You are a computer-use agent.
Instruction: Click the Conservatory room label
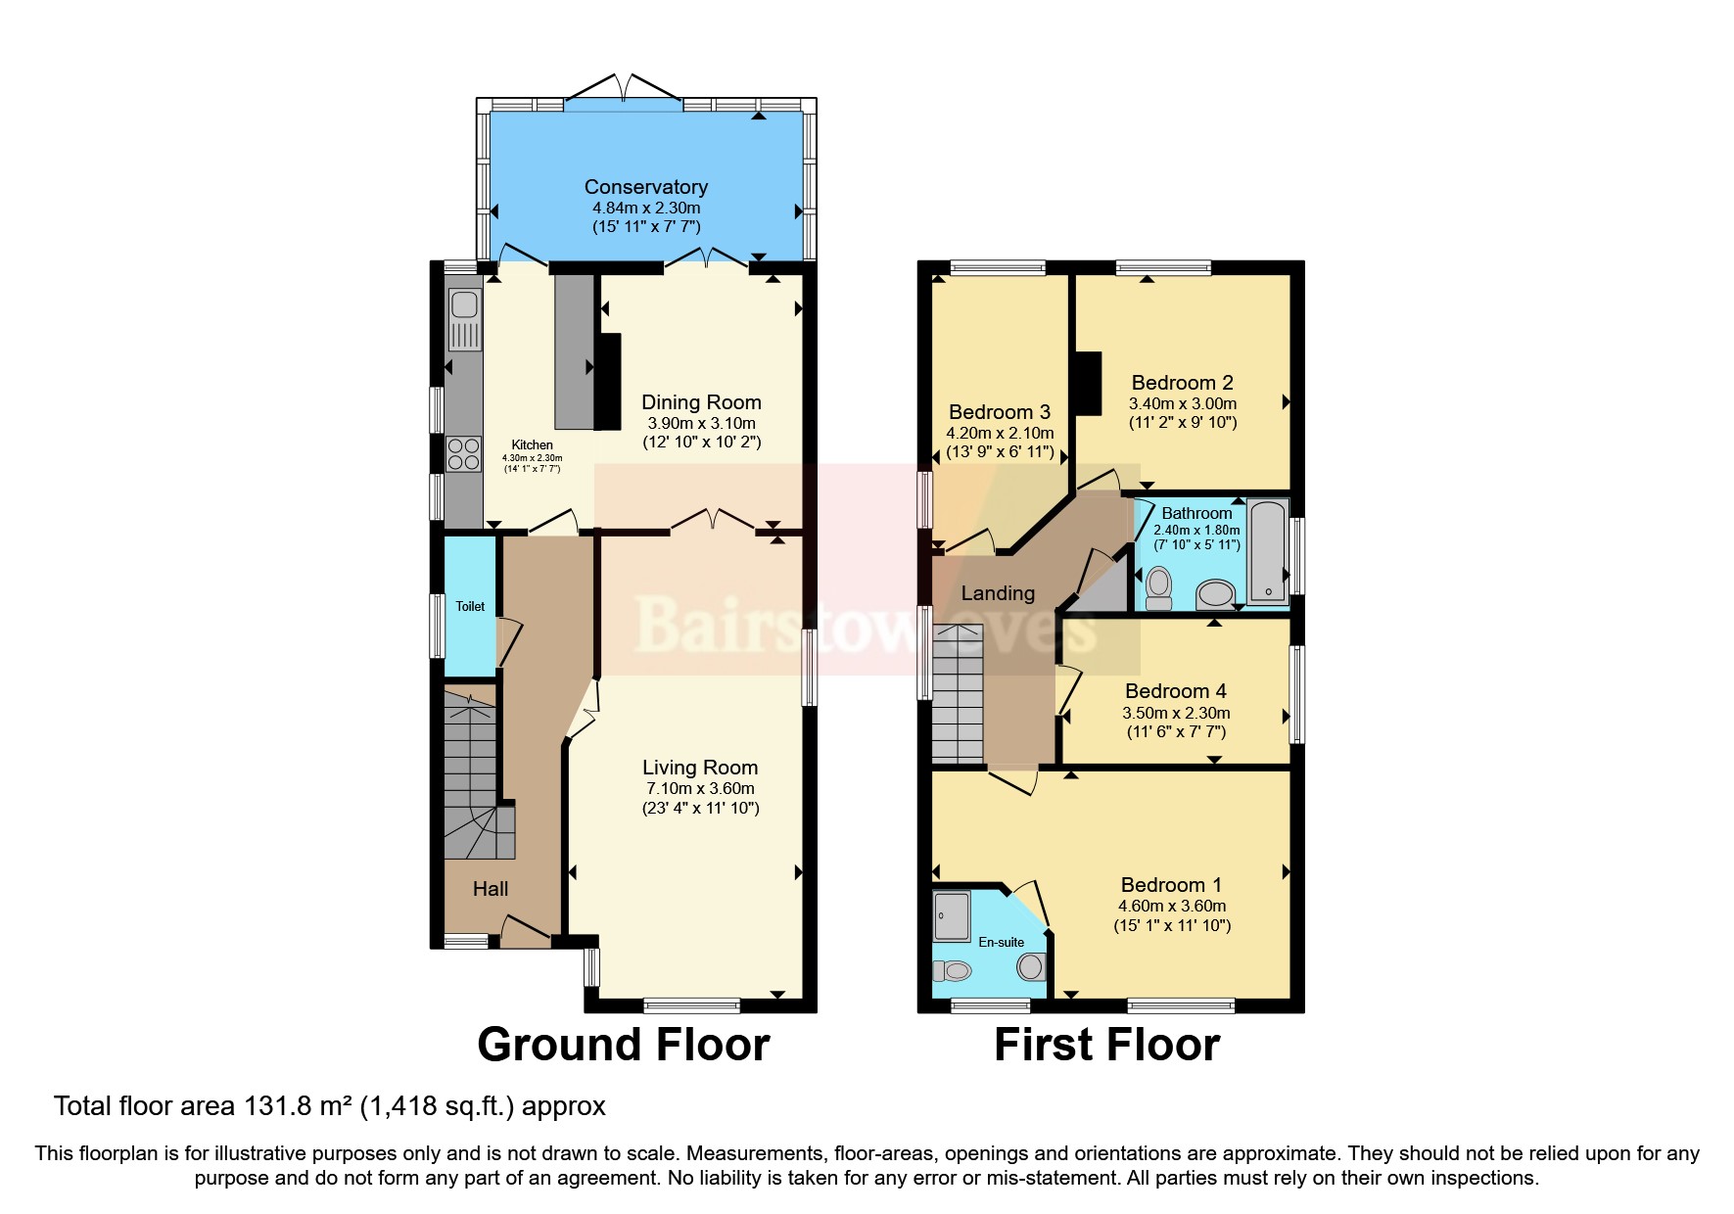click(645, 187)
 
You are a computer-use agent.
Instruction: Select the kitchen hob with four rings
click(464, 454)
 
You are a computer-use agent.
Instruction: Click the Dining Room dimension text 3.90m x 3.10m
click(701, 423)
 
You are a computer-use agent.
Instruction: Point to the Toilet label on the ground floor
click(470, 606)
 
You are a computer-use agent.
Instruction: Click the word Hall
click(491, 889)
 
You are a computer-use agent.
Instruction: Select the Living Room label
click(700, 768)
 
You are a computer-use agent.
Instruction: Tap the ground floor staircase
click(471, 773)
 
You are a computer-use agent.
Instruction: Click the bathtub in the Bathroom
click(1267, 551)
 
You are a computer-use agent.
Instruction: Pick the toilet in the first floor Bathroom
click(1158, 586)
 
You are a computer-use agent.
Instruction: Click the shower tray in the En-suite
click(951, 915)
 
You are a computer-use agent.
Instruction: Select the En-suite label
click(1001, 942)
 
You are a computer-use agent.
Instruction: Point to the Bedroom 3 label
click(999, 412)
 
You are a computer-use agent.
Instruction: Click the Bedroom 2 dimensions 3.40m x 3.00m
click(1183, 403)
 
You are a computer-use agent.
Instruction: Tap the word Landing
click(998, 593)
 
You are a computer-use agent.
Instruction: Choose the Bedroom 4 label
click(1175, 691)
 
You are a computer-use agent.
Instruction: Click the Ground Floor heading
click(623, 1045)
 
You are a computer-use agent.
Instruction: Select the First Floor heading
click(1106, 1045)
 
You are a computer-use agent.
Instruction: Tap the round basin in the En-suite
click(1030, 967)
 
